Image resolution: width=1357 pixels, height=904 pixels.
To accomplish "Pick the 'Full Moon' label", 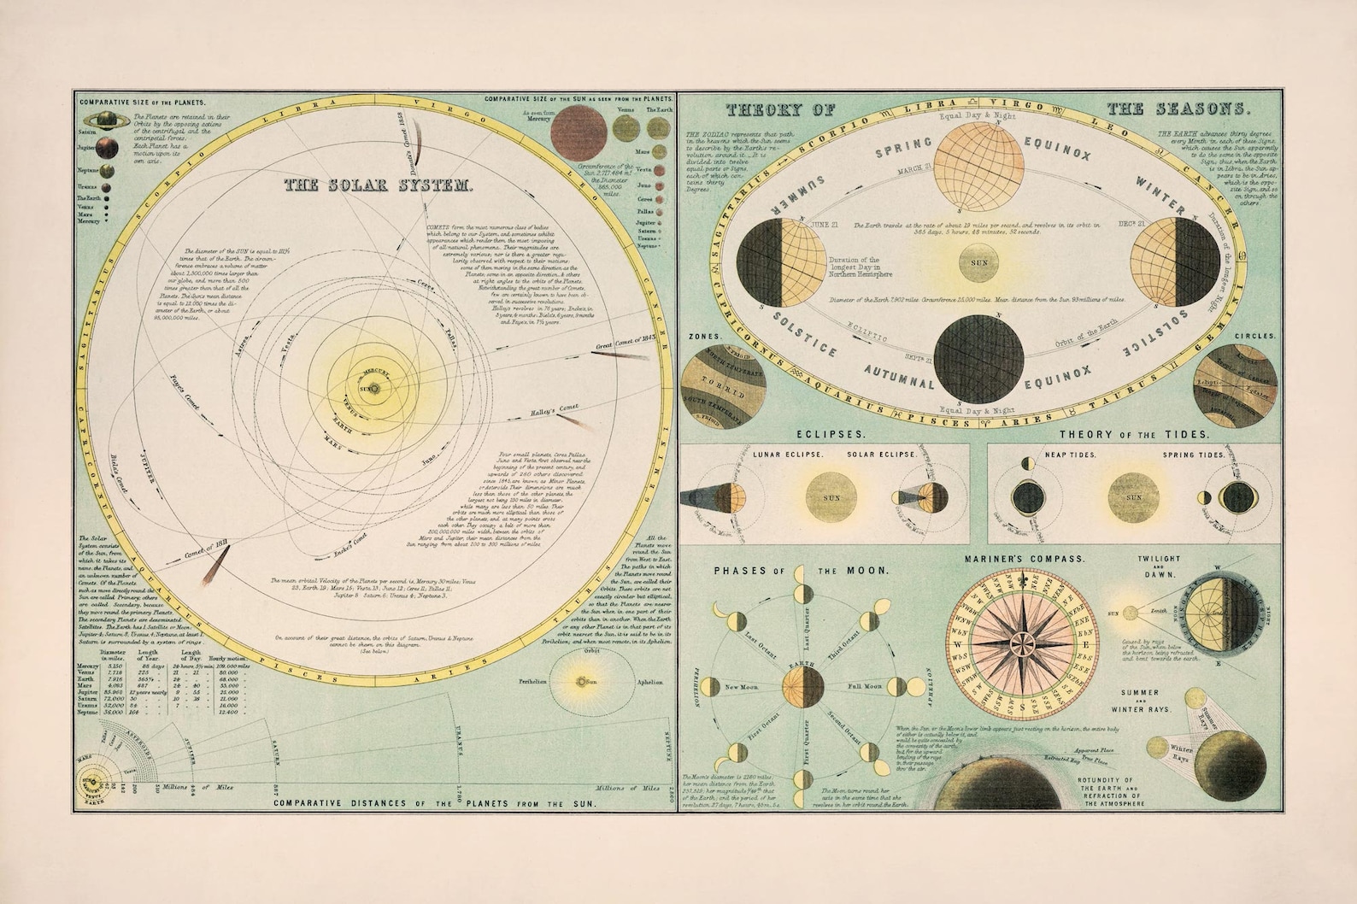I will [x=865, y=686].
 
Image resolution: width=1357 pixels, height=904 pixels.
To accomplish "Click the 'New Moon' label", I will [x=743, y=686].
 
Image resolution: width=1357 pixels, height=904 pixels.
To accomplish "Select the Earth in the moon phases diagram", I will [x=802, y=686].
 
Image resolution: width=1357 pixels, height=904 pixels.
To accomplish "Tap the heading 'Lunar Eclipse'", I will [x=788, y=454].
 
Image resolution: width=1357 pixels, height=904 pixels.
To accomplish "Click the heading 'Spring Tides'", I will [x=1193, y=455].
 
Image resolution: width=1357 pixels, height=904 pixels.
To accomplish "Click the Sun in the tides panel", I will [x=1134, y=498].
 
